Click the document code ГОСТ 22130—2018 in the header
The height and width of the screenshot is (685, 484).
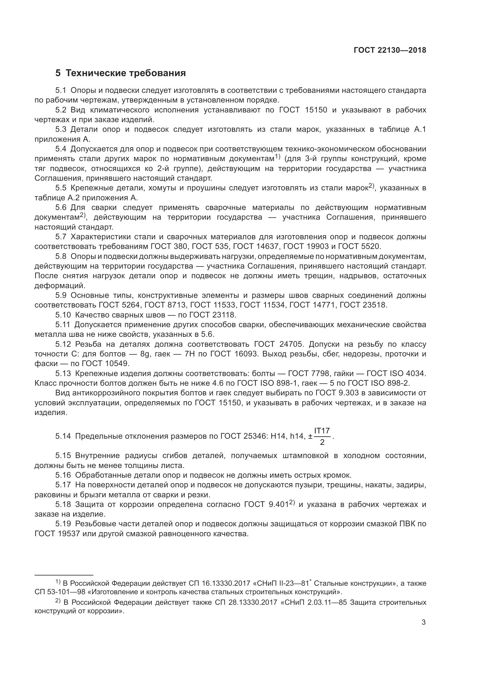click(390, 50)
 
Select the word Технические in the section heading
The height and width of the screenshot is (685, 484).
click(96, 73)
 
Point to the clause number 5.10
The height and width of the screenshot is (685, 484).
click(63, 315)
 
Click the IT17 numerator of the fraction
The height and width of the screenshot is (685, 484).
click(322, 431)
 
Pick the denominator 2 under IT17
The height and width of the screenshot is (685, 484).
click(322, 443)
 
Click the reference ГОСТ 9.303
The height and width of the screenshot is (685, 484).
click(336, 393)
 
